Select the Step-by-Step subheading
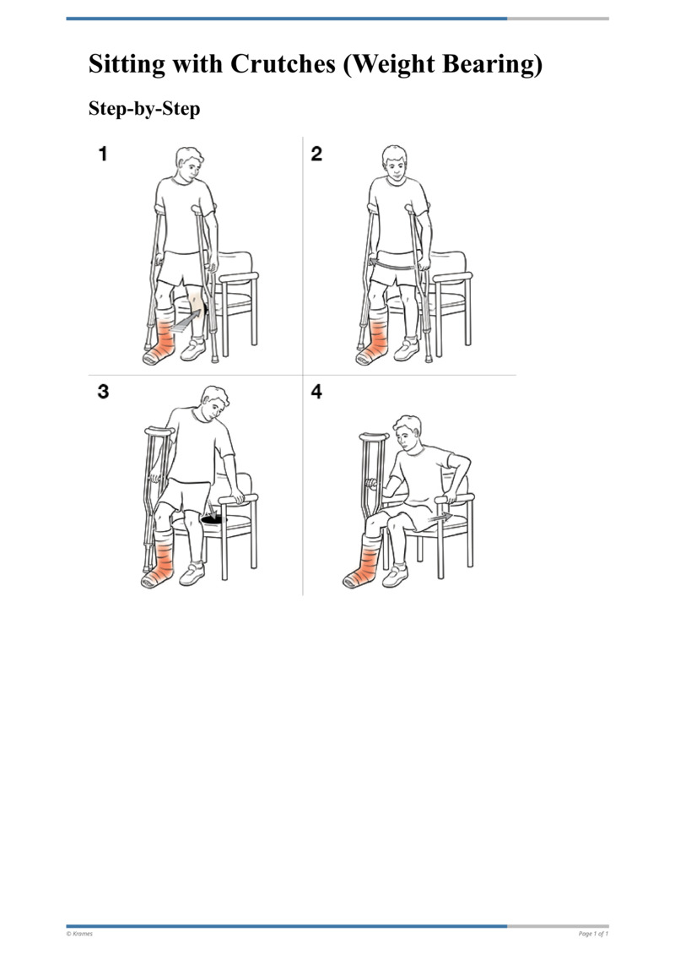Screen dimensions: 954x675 click(144, 109)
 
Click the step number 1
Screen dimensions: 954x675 click(103, 154)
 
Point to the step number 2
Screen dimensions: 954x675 click(316, 154)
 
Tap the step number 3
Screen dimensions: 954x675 click(103, 393)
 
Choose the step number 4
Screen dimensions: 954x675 click(316, 393)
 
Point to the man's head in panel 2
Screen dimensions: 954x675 click(393, 165)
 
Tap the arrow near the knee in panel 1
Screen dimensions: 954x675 click(188, 322)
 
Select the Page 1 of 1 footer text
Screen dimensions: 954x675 click(593, 934)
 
